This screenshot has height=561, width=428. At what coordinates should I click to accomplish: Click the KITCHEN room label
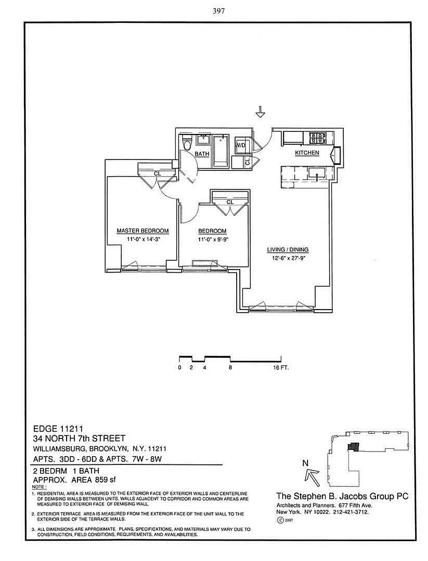[307, 153]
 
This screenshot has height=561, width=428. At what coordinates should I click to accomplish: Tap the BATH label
[202, 154]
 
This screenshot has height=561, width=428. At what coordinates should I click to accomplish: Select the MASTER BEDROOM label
[142, 231]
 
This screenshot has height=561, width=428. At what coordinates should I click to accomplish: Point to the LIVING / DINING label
[288, 250]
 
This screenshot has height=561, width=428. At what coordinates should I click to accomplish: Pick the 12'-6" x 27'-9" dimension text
[288, 258]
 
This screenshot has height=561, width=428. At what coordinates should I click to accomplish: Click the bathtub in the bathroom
[221, 151]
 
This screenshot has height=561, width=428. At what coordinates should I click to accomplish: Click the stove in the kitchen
[318, 138]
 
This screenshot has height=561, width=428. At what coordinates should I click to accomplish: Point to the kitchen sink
[317, 173]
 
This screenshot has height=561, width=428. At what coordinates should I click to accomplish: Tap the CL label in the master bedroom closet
[157, 173]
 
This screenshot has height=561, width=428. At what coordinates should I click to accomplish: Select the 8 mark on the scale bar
[230, 368]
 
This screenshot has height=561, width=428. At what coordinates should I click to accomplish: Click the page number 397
[218, 11]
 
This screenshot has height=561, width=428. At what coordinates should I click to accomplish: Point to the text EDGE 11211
[58, 429]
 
